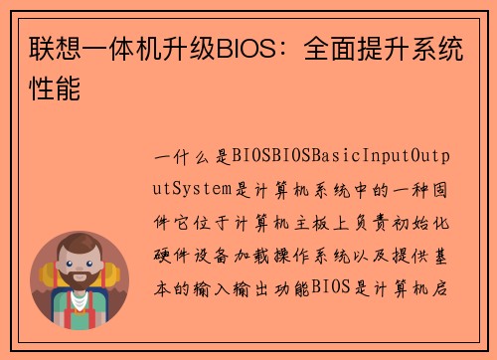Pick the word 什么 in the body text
click(193, 156)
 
